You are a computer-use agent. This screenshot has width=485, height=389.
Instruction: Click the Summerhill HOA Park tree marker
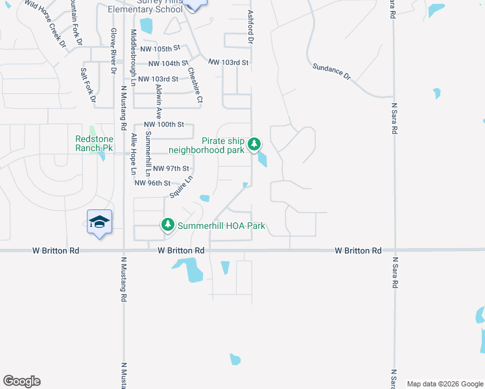coord(168,225)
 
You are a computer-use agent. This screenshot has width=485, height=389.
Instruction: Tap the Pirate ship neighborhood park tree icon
coord(255,143)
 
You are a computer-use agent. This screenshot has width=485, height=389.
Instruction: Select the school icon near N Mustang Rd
coord(99,222)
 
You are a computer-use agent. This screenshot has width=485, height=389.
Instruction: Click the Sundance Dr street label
coord(331,71)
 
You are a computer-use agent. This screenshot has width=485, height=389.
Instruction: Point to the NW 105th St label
coord(161,49)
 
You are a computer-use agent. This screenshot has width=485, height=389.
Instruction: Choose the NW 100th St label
coord(164,124)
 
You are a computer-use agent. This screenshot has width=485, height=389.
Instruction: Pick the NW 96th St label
coord(152,183)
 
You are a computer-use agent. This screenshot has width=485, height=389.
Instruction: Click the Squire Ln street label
coord(182,187)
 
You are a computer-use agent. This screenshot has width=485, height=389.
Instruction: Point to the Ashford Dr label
coord(250,27)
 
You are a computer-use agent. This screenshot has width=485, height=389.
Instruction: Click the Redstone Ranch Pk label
coord(94,144)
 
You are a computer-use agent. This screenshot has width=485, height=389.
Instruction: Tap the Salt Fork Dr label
coord(88,86)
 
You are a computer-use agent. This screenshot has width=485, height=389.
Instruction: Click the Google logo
coord(21,381)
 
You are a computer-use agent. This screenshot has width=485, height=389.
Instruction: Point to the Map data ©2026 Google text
coord(444,384)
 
